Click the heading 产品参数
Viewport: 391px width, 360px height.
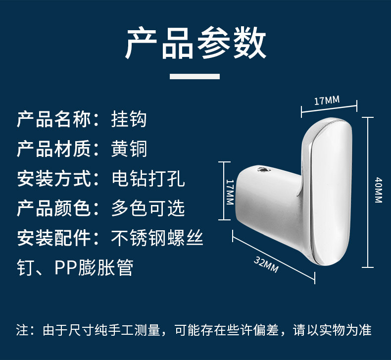[195, 44]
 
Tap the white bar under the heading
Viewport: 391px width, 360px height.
[195, 76]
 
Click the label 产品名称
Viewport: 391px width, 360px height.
[54, 119]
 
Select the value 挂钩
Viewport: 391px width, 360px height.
[129, 119]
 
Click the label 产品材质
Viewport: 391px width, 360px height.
[54, 149]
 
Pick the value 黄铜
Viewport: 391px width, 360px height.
[129, 149]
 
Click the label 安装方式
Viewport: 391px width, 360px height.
[54, 179]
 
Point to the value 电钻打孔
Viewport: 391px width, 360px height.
[148, 179]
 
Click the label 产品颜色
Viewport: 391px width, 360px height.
[54, 208]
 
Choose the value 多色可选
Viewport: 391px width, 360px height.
[148, 208]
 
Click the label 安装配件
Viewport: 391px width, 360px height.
[54, 238]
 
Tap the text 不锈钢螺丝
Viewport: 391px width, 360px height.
[157, 238]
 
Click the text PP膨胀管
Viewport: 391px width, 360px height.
[94, 268]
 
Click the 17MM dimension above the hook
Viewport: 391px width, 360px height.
[327, 101]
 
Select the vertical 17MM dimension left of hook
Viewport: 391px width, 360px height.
[229, 192]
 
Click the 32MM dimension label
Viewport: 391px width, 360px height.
[266, 265]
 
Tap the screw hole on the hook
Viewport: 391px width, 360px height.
[263, 171]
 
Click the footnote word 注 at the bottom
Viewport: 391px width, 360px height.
[22, 330]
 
